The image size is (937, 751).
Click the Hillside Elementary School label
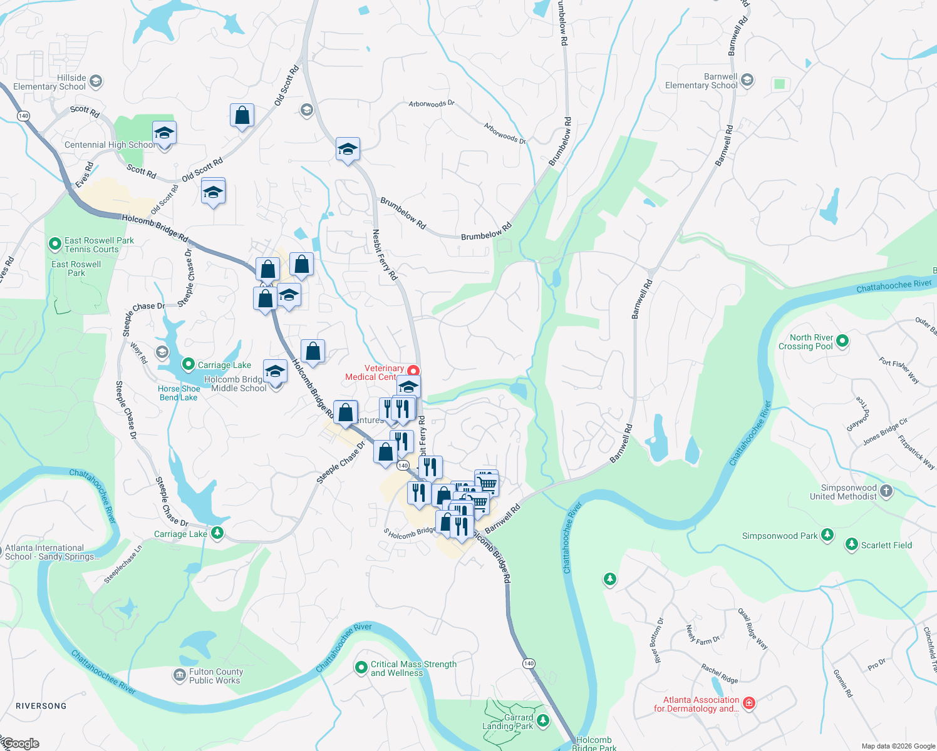[x=49, y=82]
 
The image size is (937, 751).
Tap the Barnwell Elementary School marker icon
[x=747, y=80]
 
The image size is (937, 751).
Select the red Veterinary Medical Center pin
[x=413, y=371]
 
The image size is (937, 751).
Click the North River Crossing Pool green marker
[x=842, y=341]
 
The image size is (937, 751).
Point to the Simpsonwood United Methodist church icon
[x=886, y=491]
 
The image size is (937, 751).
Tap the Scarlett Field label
[x=886, y=545]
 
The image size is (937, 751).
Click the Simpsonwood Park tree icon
[x=827, y=535]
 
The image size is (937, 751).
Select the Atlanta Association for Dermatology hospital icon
[x=748, y=703]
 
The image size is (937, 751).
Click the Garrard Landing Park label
[x=508, y=722]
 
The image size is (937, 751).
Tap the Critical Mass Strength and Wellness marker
[x=361, y=668]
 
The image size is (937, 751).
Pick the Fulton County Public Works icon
[x=179, y=676]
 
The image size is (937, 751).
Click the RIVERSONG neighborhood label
[x=41, y=706]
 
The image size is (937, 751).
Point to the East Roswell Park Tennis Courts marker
[x=55, y=244]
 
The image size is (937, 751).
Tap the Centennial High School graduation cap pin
[x=164, y=133]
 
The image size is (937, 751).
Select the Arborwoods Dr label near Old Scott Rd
[x=432, y=104]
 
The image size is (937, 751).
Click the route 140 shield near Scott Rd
[x=23, y=116]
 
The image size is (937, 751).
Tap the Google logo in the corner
[x=20, y=743]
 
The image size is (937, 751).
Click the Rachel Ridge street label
[x=720, y=674]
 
